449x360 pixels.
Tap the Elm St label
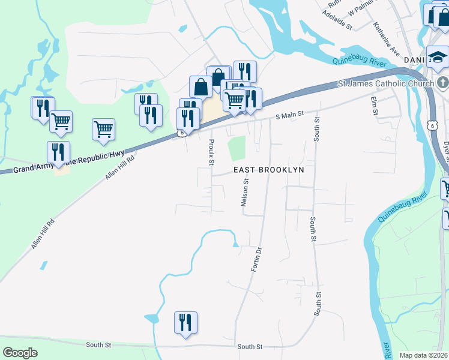click(x=375, y=106)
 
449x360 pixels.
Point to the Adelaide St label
click(x=337, y=20)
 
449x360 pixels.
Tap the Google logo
click(x=20, y=352)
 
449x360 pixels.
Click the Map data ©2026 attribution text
click(x=424, y=355)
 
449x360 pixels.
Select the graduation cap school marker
click(x=438, y=58)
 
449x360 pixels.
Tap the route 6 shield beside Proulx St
click(x=181, y=134)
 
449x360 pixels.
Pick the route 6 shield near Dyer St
click(x=432, y=125)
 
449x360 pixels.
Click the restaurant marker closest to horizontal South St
click(x=185, y=323)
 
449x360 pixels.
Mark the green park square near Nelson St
click(x=238, y=148)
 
